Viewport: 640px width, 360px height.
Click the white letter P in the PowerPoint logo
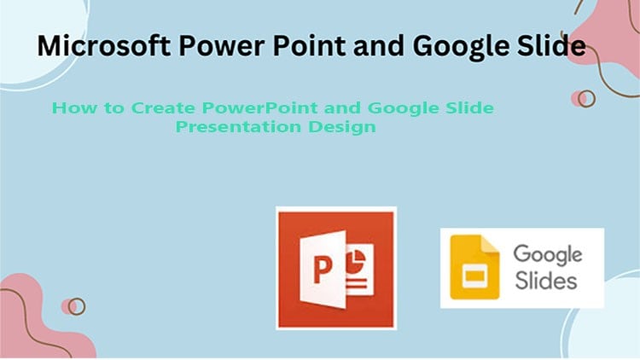300,271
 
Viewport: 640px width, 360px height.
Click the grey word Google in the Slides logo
547,255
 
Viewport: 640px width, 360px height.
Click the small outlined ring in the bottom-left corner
77,305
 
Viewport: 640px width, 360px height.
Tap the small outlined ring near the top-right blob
586,99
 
